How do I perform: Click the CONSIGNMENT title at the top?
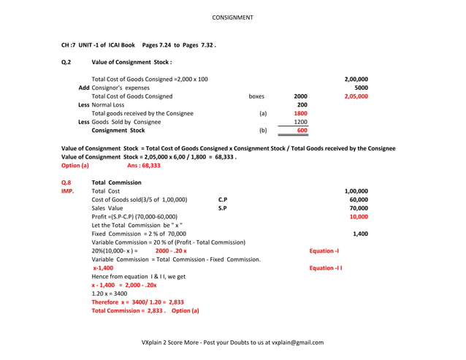(232, 17)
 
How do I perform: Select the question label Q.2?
(66, 62)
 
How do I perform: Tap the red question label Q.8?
(66, 182)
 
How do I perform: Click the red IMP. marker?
(68, 191)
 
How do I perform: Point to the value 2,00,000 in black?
(356, 79)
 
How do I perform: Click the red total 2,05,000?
(356, 96)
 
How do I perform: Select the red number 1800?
(300, 113)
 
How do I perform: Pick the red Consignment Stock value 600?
(302, 130)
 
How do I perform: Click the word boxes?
(256, 96)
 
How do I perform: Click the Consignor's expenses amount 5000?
(361, 88)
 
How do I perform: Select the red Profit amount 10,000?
(358, 216)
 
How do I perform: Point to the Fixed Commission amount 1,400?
(360, 234)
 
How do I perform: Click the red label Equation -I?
(324, 250)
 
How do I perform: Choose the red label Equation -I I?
(326, 268)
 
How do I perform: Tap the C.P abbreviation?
(223, 199)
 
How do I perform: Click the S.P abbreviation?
(223, 208)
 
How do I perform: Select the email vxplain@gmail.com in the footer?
(297, 342)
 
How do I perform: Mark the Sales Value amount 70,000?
(358, 208)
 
